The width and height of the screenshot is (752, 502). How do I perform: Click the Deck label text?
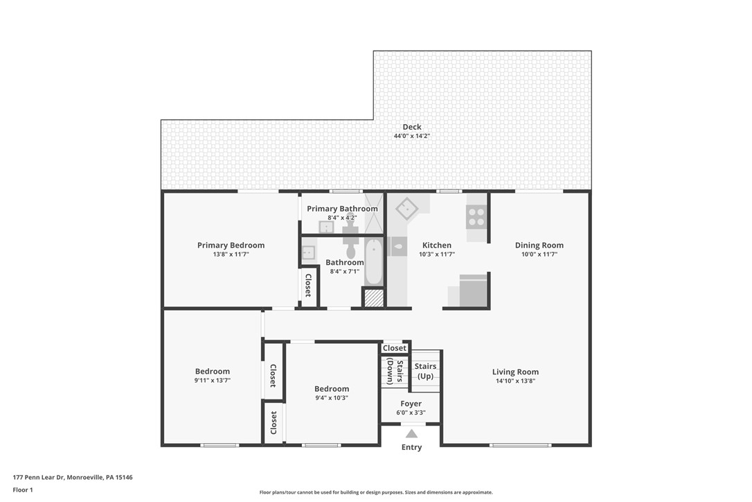coord(412,127)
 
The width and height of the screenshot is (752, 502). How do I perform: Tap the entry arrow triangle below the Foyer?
coord(411,434)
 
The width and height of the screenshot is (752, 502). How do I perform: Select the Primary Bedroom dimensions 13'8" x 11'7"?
coord(231,254)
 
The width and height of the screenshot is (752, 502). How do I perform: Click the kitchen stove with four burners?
coord(476,217)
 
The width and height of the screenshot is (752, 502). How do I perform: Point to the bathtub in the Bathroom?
coord(374,261)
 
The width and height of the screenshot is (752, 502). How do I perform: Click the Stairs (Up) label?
coord(425,371)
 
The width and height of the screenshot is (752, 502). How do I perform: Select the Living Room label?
coord(515,372)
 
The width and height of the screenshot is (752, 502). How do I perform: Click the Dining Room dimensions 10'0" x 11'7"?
coord(539,254)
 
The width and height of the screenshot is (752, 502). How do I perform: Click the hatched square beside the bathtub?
coord(374,298)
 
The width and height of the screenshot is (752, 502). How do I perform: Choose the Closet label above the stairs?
coord(395,348)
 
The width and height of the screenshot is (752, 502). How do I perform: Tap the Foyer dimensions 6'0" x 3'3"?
coord(411,413)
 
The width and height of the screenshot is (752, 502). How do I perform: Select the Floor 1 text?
coord(23,490)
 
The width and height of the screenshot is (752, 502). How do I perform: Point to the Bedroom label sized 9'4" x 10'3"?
coord(332,389)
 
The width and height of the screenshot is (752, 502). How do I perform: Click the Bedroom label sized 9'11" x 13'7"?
coord(212,372)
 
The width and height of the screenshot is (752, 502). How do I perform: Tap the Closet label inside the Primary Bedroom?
coord(308,285)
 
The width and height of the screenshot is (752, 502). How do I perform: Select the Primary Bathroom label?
coord(342,209)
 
